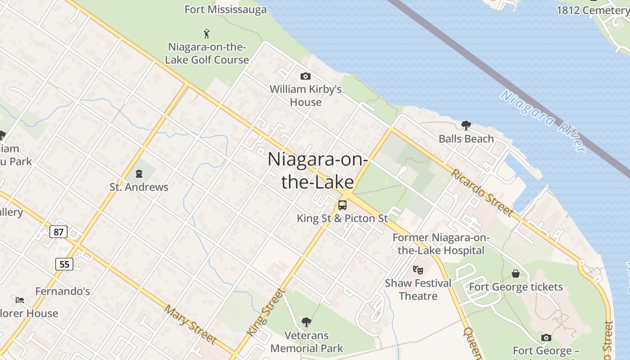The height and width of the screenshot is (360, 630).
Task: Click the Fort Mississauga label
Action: pyautogui.click(x=225, y=9)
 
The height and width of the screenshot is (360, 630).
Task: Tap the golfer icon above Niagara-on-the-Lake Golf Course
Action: pyautogui.click(x=207, y=33)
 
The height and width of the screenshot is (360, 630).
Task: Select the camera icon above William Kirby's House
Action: pyautogui.click(x=305, y=76)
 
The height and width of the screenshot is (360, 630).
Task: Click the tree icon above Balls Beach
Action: pyautogui.click(x=466, y=126)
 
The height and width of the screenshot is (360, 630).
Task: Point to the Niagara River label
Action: pyautogui.click(x=543, y=121)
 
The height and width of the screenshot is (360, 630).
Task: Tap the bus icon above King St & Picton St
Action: pyautogui.click(x=342, y=205)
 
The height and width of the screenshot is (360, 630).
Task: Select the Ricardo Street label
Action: pyautogui.click(x=482, y=192)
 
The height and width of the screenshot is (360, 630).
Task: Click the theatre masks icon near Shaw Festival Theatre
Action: pyautogui.click(x=418, y=270)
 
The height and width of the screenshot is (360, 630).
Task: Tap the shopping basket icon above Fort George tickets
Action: pyautogui.click(x=516, y=274)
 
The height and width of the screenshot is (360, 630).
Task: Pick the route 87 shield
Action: pyautogui.click(x=58, y=232)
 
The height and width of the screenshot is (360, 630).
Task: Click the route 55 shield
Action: pyautogui.click(x=64, y=264)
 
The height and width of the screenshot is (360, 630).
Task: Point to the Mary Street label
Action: pyautogui.click(x=190, y=324)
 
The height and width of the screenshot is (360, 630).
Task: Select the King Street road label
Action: pyautogui.click(x=266, y=312)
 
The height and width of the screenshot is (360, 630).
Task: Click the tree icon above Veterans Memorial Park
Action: pyautogui.click(x=306, y=322)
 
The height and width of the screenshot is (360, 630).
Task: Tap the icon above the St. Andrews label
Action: pyautogui.click(x=139, y=173)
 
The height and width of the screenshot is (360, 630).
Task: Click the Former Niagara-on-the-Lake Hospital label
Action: pyautogui.click(x=441, y=244)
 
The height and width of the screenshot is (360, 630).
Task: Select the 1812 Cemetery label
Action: pyautogui.click(x=592, y=10)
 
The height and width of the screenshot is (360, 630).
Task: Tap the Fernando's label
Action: pyautogui.click(x=63, y=291)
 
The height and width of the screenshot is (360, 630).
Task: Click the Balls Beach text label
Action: pyautogui.click(x=466, y=139)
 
